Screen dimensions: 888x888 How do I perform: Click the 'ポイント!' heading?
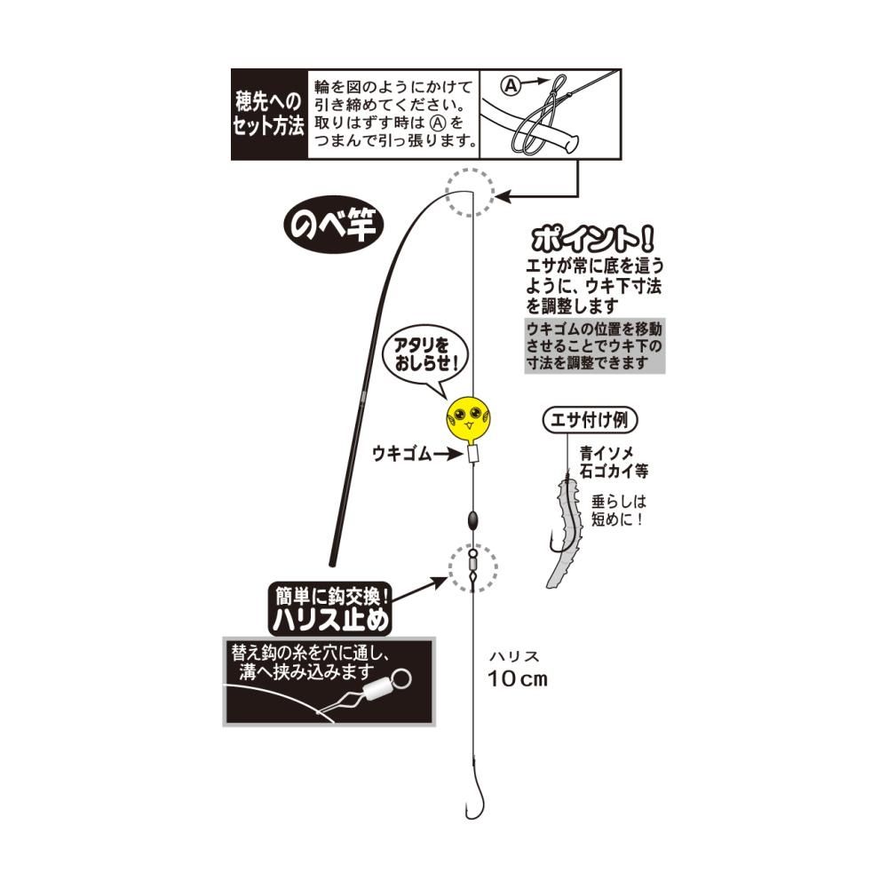pos(591,239)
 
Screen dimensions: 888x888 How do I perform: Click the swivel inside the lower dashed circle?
pos(472,564)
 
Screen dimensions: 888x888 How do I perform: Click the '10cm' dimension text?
pos(518,679)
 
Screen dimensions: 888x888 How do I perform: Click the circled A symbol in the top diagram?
pos(511,85)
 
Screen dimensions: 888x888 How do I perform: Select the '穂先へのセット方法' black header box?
pos(268,115)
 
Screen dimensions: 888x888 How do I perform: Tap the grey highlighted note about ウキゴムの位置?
pos(594,346)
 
